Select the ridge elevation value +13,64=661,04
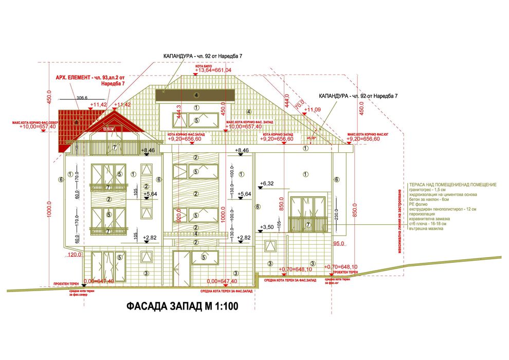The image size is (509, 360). [x=213, y=70]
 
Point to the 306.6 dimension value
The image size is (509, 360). [x=82, y=97]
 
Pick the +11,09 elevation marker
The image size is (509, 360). [x=313, y=110]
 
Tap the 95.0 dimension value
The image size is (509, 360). [x=339, y=243]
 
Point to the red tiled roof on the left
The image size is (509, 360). [x=69, y=126]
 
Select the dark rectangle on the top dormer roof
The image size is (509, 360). [x=196, y=95]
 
